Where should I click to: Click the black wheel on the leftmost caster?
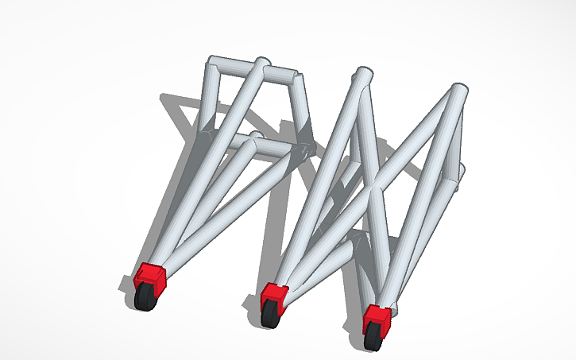(x=145, y=300)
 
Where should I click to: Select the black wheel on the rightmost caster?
(x=373, y=339)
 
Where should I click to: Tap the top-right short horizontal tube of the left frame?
(x=282, y=76)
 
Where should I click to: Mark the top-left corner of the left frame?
(x=213, y=64)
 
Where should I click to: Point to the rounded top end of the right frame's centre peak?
(x=362, y=76)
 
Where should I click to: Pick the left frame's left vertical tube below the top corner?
(x=210, y=99)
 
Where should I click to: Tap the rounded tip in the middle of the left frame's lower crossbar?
(x=256, y=138)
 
